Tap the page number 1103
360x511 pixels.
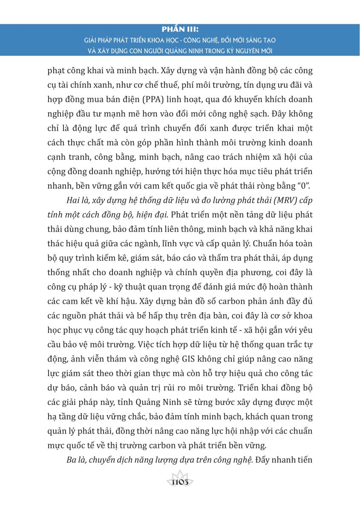coord(180,482)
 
